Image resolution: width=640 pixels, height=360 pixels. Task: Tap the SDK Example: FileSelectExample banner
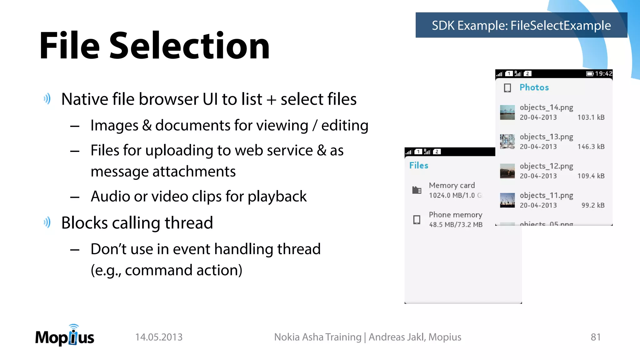521,25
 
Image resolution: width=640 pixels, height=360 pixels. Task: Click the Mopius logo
65,336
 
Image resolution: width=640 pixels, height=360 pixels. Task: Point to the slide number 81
595,337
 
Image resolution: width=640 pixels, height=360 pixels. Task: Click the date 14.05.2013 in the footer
159,337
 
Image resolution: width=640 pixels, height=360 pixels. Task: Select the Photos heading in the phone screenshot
534,87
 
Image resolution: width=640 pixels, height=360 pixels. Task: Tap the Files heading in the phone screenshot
419,165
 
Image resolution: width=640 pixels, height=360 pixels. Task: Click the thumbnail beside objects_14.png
507,112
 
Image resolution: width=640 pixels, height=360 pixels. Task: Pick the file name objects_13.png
546,137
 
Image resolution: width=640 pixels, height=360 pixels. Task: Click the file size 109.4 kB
591,176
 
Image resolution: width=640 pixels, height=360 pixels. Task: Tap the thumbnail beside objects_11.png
507,200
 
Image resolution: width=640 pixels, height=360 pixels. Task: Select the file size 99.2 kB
593,205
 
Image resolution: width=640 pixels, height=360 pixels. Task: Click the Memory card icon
417,190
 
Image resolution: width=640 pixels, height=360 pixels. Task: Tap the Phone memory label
455,215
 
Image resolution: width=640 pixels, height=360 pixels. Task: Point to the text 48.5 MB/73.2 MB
456,225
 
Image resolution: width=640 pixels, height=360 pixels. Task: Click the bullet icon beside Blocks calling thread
47,222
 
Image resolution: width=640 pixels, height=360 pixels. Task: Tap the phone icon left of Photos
507,88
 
